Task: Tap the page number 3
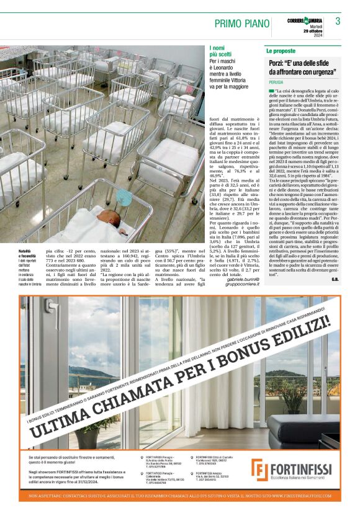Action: point(338,21)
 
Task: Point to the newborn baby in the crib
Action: point(106,229)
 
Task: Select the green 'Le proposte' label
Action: point(281,50)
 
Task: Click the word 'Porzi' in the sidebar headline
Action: point(277,64)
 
